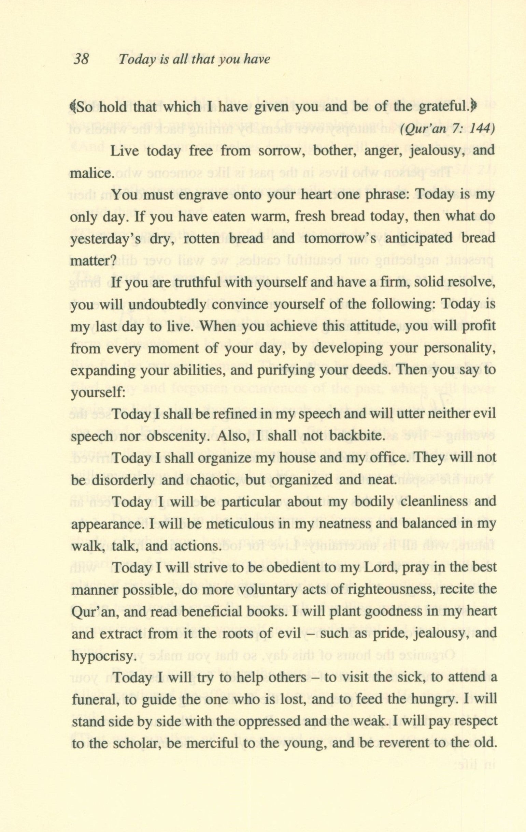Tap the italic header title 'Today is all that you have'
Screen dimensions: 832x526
[194, 60]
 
